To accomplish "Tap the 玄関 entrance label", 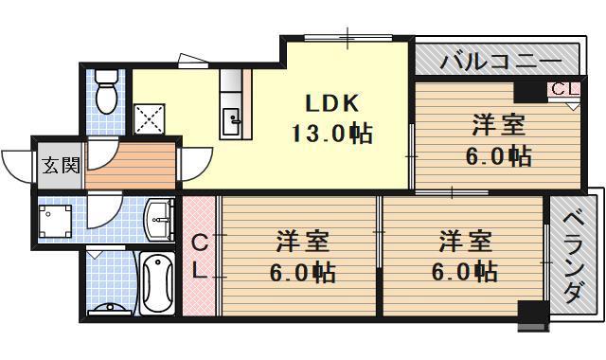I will [59, 166].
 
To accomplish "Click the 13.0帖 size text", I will [331, 133].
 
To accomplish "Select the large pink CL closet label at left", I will [199, 256].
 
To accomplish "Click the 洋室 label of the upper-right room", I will [498, 123].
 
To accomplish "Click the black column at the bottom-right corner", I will [533, 314].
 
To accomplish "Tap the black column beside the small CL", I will [526, 91].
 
